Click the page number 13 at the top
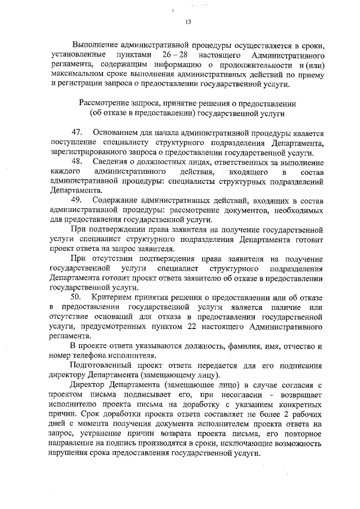point(188,22)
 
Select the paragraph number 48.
point(78,162)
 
